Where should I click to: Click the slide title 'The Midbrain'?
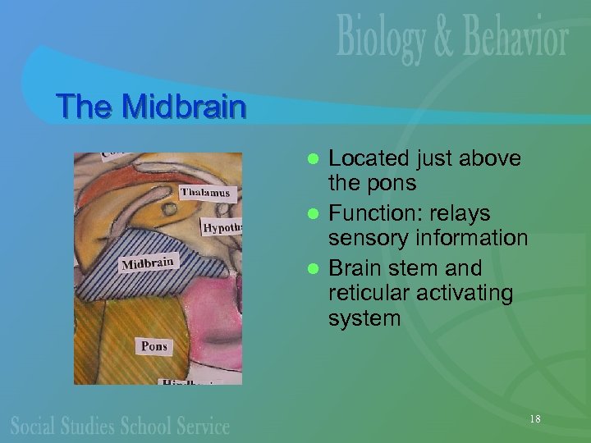tap(151, 107)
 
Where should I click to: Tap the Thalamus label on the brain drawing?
tap(207, 194)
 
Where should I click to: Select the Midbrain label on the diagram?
tap(148, 263)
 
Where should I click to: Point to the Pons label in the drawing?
tap(153, 345)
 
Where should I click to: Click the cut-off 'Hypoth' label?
tap(222, 227)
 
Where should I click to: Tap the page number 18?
tap(534, 419)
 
